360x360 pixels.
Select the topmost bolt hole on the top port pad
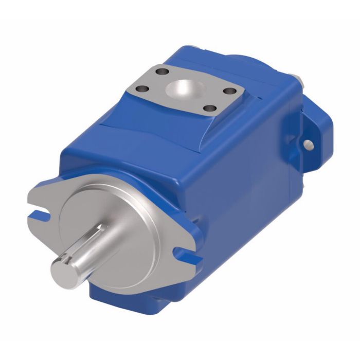pyautogui.click(x=164, y=71)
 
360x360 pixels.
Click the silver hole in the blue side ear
pyautogui.click(x=309, y=145)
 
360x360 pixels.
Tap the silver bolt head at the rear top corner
pyautogui.click(x=297, y=78)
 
